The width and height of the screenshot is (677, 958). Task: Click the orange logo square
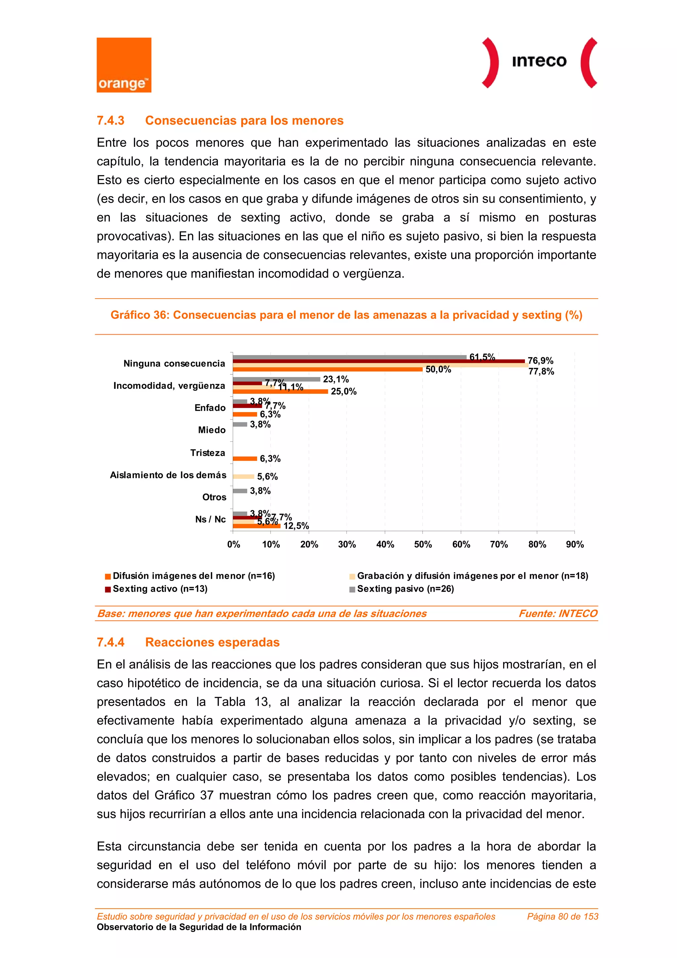tap(124, 65)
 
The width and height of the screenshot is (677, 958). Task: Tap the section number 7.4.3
tap(110, 121)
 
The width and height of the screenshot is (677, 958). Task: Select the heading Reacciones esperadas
tap(212, 642)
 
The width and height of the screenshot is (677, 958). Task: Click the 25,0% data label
tap(343, 392)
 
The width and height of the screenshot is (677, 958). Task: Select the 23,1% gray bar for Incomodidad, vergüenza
tap(276, 379)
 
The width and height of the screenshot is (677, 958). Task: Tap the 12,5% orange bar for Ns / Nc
tap(257, 526)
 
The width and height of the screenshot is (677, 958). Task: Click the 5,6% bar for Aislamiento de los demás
tap(243, 477)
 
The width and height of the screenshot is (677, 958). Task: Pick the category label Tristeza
tap(207, 453)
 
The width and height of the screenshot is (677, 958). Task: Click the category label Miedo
tap(212, 430)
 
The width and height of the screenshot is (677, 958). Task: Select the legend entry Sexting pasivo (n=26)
tap(405, 589)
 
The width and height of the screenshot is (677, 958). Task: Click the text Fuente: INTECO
tap(558, 613)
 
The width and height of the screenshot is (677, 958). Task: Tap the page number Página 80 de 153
tap(562, 916)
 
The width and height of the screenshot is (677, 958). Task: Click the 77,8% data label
tap(541, 371)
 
